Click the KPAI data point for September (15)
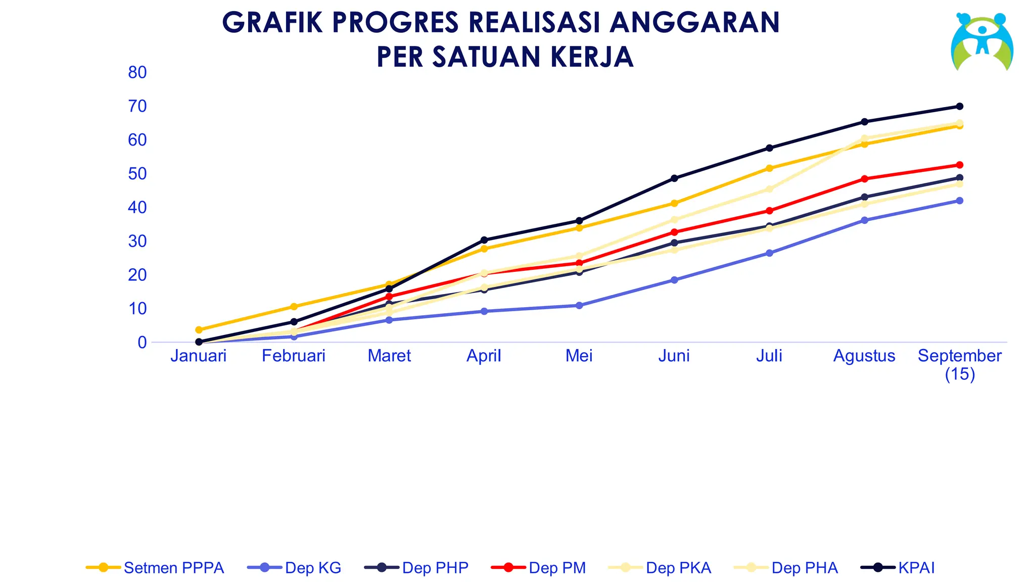coord(959,107)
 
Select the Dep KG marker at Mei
coord(579,306)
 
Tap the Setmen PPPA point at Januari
coord(199,330)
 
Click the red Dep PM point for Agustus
coord(864,179)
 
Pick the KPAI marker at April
coord(484,240)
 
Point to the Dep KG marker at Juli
coord(769,253)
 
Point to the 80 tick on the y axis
coord(137,73)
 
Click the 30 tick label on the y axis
coord(137,241)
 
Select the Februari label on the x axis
coord(294,356)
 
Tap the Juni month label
coord(674,356)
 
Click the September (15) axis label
coord(959,364)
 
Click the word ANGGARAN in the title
coord(694,23)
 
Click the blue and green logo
coord(981,42)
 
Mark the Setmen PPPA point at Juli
coord(769,168)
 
